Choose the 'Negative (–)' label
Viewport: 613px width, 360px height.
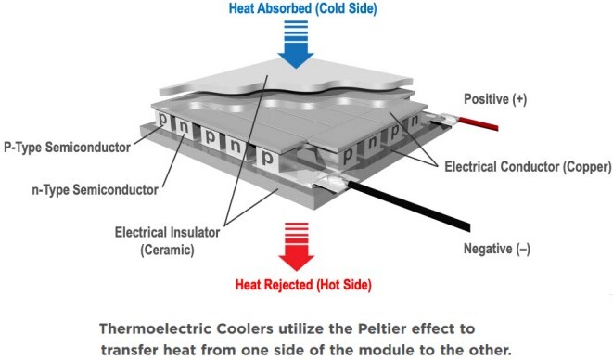point(502,249)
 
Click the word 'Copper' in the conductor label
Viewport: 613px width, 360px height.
point(583,168)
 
